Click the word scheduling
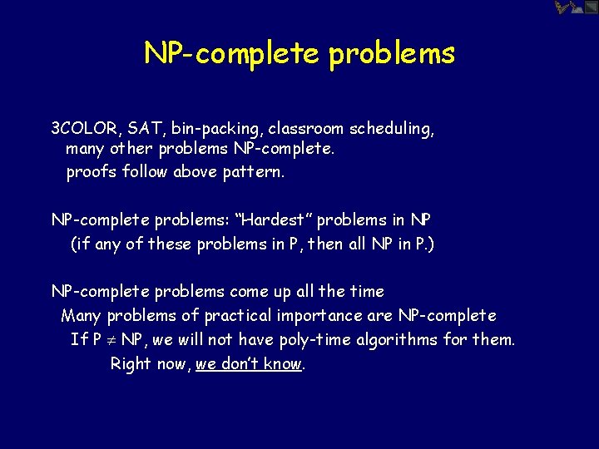(x=391, y=130)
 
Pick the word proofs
(x=89, y=173)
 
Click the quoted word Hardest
(x=274, y=220)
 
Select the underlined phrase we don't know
(x=249, y=364)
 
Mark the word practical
(x=238, y=316)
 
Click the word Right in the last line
(x=131, y=364)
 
